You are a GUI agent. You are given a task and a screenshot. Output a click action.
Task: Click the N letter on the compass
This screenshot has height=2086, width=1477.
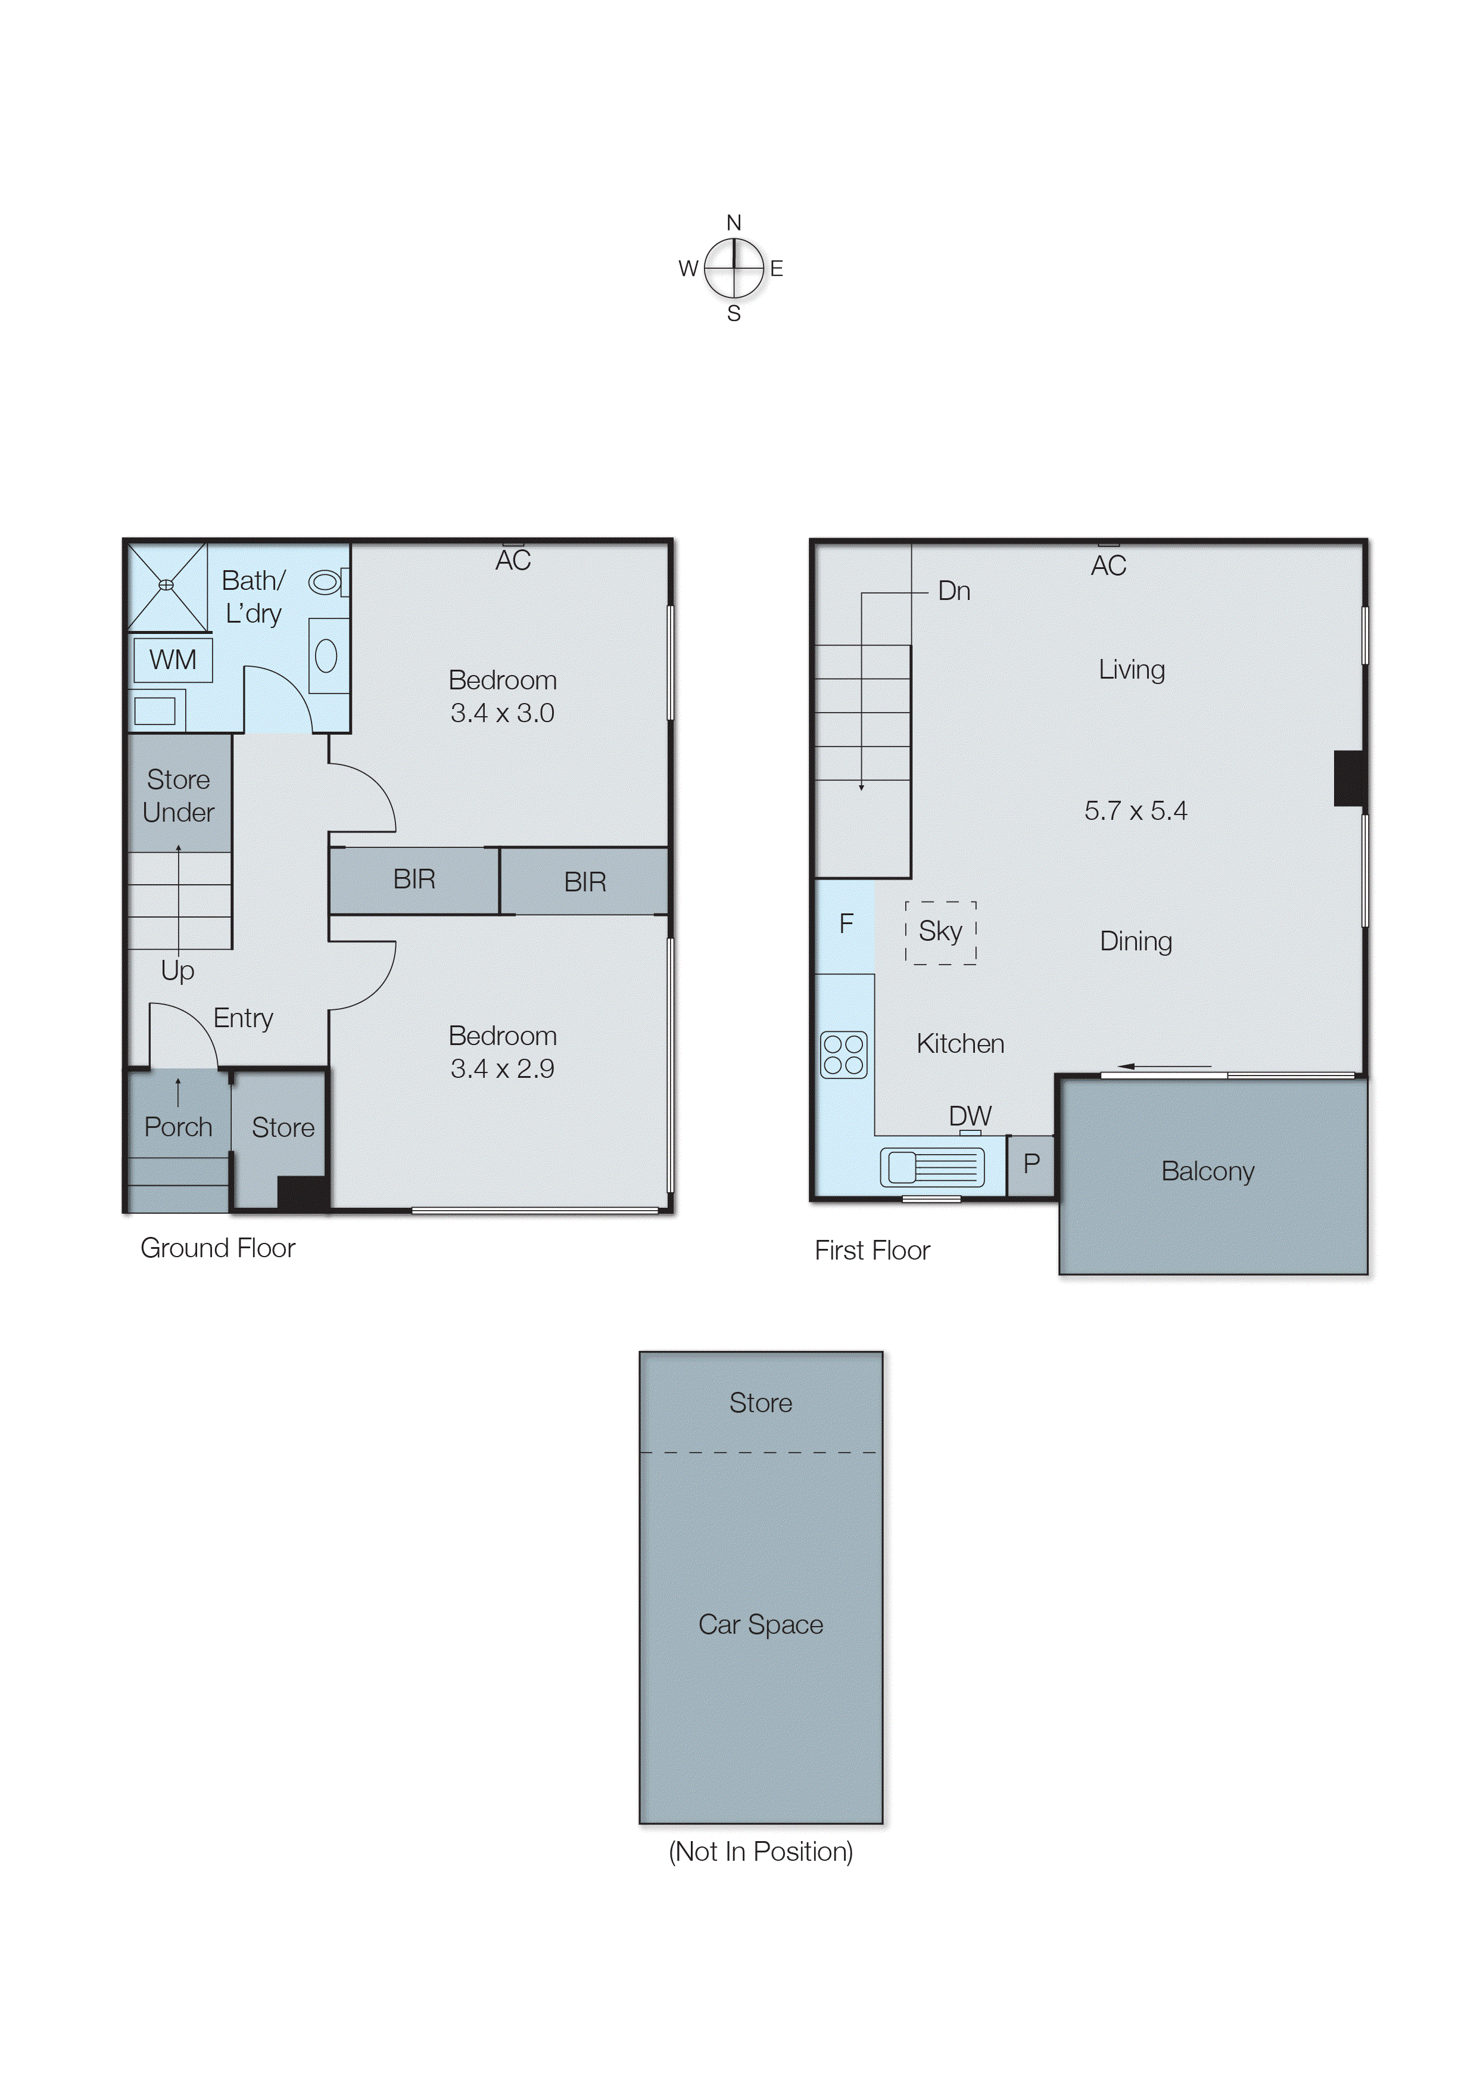734,223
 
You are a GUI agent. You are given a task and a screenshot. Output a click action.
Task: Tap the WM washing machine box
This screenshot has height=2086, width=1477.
173,660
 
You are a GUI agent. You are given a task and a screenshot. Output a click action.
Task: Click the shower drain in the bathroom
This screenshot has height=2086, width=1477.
166,585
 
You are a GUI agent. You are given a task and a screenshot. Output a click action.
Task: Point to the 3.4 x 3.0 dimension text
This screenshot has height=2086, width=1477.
502,713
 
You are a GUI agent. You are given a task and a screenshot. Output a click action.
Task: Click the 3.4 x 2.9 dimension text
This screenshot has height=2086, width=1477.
502,1069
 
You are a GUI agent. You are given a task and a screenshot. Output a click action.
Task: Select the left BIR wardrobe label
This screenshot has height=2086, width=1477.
414,879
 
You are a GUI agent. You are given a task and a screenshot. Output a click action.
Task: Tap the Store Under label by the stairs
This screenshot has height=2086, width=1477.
178,796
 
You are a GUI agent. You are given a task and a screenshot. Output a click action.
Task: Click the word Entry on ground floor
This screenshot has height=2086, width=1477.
243,1018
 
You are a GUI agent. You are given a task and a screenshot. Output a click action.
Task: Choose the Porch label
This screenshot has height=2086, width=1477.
178,1127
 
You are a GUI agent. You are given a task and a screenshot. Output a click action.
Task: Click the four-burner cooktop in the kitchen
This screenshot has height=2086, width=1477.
843,1055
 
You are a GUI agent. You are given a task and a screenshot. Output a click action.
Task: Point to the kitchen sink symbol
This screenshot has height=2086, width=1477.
932,1166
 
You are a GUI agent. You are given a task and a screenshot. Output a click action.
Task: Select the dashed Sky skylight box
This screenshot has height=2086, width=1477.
940,932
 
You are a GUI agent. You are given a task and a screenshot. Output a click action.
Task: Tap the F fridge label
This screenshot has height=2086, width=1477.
846,924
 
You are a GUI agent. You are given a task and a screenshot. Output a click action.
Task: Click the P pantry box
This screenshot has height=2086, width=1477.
1032,1164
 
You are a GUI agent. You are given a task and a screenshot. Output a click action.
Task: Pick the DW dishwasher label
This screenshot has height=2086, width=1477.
970,1116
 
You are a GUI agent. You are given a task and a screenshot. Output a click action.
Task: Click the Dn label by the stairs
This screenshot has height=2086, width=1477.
954,591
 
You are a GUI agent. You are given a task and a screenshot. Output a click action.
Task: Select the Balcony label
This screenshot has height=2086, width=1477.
1208,1172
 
